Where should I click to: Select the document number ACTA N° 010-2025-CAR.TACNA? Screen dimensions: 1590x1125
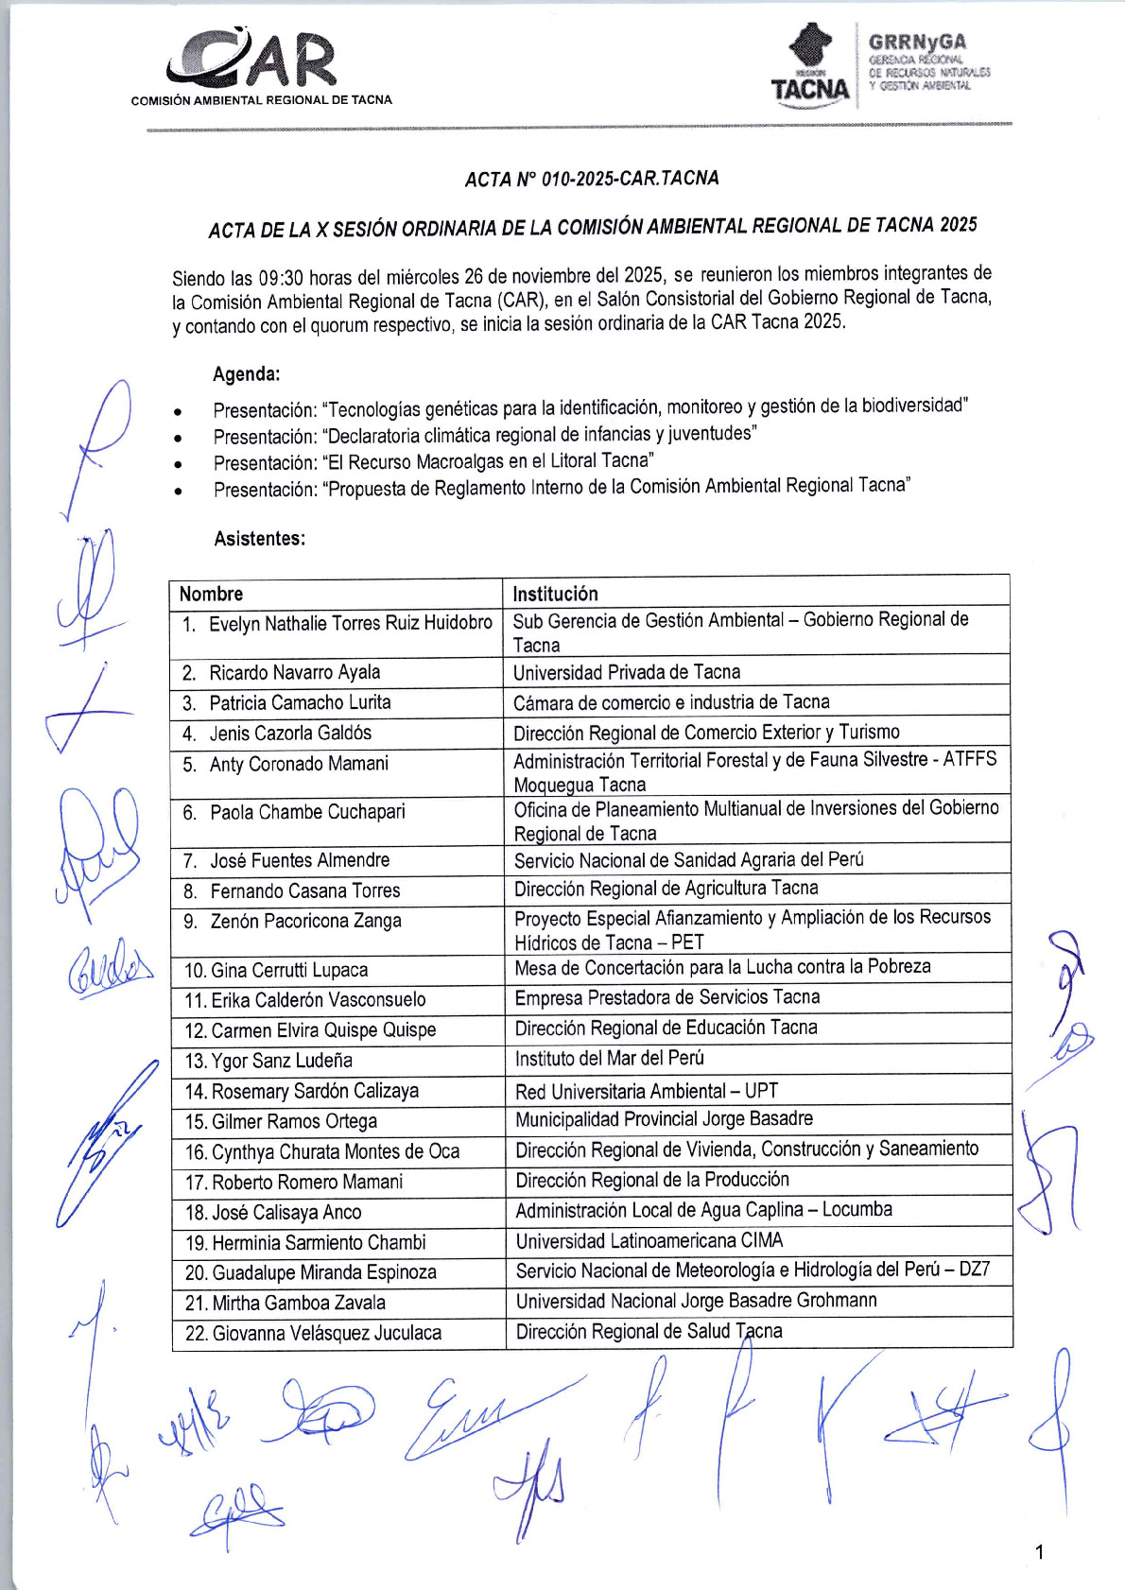pos(592,179)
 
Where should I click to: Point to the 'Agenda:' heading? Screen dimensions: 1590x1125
pos(247,374)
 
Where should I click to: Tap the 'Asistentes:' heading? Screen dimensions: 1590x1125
pos(260,539)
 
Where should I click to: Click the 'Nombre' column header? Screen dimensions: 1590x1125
pos(212,594)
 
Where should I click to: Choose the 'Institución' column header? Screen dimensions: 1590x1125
pos(555,594)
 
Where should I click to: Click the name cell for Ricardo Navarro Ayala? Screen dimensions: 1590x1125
pos(295,672)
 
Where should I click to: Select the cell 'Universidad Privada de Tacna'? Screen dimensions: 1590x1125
pos(627,672)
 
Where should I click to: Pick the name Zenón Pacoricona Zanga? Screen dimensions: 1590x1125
pos(305,921)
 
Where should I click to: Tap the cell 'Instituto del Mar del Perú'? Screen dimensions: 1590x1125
pos(610,1059)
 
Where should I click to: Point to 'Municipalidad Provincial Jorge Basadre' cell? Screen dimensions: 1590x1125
pos(664,1119)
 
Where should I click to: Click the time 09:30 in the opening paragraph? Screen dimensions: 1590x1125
pos(281,278)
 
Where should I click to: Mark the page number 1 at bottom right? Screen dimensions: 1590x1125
pos(1040,1551)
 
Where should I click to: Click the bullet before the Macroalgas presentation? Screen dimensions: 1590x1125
pos(178,464)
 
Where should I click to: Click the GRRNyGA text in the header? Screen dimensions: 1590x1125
pos(917,42)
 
